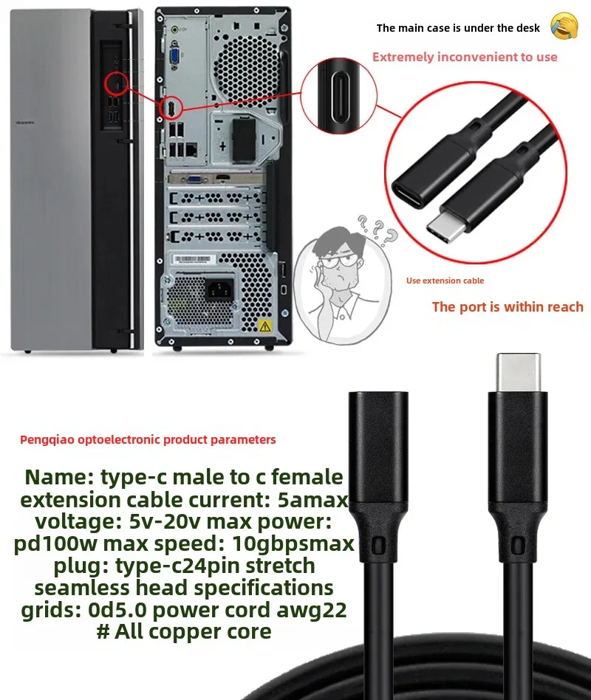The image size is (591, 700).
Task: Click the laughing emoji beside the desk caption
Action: click(x=564, y=26)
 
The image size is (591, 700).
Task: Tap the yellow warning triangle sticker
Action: click(x=265, y=326)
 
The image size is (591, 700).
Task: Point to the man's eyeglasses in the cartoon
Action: click(x=338, y=261)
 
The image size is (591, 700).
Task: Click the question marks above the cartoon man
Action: click(x=378, y=230)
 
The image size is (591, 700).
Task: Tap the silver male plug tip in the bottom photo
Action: click(x=519, y=372)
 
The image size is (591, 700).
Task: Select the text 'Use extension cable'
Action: click(x=445, y=281)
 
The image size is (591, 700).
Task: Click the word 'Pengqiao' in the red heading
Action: click(x=47, y=440)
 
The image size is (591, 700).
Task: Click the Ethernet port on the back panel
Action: click(x=191, y=149)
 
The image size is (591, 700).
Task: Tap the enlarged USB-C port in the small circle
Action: click(x=340, y=95)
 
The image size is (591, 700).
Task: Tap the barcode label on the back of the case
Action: click(x=191, y=259)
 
